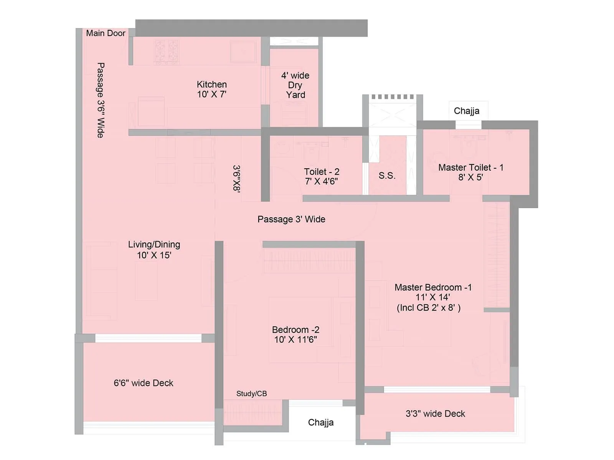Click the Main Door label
106,33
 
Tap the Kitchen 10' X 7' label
212,89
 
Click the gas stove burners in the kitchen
167,51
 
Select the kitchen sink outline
243,51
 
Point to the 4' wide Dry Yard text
295,85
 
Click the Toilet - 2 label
322,176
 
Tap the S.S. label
387,176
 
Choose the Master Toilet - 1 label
470,172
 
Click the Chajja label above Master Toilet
467,111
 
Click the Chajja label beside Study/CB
321,422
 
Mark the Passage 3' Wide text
291,219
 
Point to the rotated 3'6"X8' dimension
236,179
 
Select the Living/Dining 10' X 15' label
154,250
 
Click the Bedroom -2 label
295,334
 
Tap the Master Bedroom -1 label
433,292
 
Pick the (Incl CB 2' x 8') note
429,308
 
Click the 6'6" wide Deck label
144,383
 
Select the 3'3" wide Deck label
435,414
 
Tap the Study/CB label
251,394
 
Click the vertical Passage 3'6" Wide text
100,100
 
